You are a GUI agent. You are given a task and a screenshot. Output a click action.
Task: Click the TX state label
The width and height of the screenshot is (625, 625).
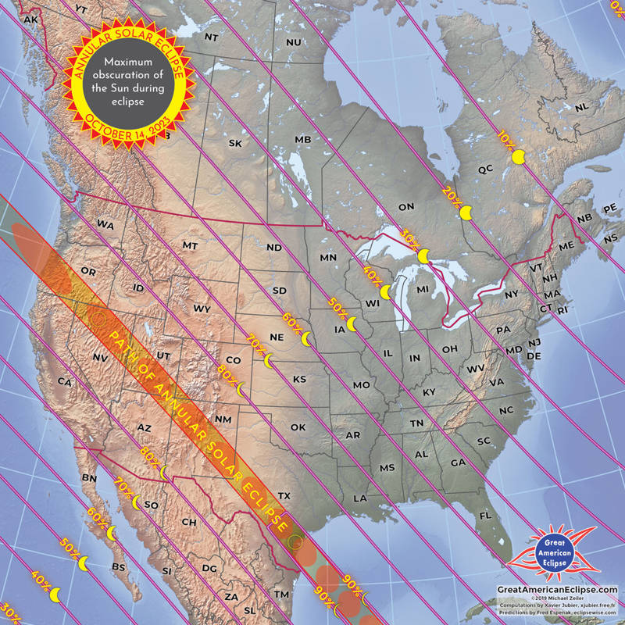point(284,495)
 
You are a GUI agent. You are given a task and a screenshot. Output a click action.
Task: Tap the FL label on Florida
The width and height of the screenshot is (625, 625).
point(484,516)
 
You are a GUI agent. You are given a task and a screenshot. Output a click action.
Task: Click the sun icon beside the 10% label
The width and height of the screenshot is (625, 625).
point(518,158)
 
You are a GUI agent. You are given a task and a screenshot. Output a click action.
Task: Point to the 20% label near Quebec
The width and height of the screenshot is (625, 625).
point(451,194)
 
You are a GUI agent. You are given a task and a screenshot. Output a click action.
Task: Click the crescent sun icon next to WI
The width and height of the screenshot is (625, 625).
point(385,292)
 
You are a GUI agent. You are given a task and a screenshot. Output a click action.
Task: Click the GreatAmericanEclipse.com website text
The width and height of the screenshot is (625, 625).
point(557,591)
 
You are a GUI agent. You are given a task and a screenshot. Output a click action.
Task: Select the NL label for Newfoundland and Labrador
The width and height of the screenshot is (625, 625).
point(580,108)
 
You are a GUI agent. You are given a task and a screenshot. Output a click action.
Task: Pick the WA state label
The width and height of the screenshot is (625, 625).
point(105,224)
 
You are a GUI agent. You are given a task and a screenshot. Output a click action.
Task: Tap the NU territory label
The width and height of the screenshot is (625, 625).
point(294,41)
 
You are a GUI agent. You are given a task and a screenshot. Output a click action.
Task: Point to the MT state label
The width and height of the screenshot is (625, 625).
point(190,245)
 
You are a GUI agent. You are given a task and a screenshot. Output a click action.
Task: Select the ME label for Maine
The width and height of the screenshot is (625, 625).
point(545,246)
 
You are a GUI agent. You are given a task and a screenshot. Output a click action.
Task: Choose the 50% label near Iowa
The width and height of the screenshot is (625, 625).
point(336,307)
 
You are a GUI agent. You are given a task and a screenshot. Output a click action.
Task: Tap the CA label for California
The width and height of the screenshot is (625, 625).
point(64,382)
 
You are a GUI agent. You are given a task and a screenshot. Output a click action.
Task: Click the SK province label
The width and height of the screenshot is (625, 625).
point(235,143)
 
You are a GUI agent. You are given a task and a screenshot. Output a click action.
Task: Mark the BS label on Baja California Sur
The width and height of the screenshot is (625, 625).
point(119,566)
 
